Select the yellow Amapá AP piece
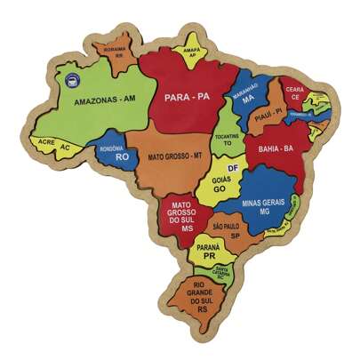coord(189,52)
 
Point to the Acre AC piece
coord(53,144)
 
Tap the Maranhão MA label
coord(247,95)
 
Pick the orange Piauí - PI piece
coord(267,113)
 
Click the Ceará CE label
coord(294,93)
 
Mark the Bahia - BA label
coord(276,148)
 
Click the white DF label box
coord(233,167)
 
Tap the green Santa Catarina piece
coord(221,272)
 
